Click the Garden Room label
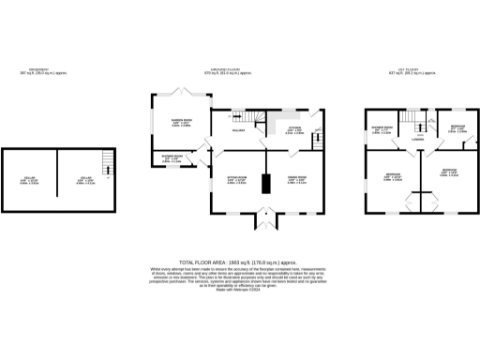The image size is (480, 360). [x=180, y=122]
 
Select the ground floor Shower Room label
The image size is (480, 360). [x=172, y=158]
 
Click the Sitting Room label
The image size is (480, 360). [x=235, y=178]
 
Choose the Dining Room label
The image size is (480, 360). [x=295, y=178]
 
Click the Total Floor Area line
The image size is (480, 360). [x=240, y=263]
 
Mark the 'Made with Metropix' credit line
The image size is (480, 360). [x=240, y=296]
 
